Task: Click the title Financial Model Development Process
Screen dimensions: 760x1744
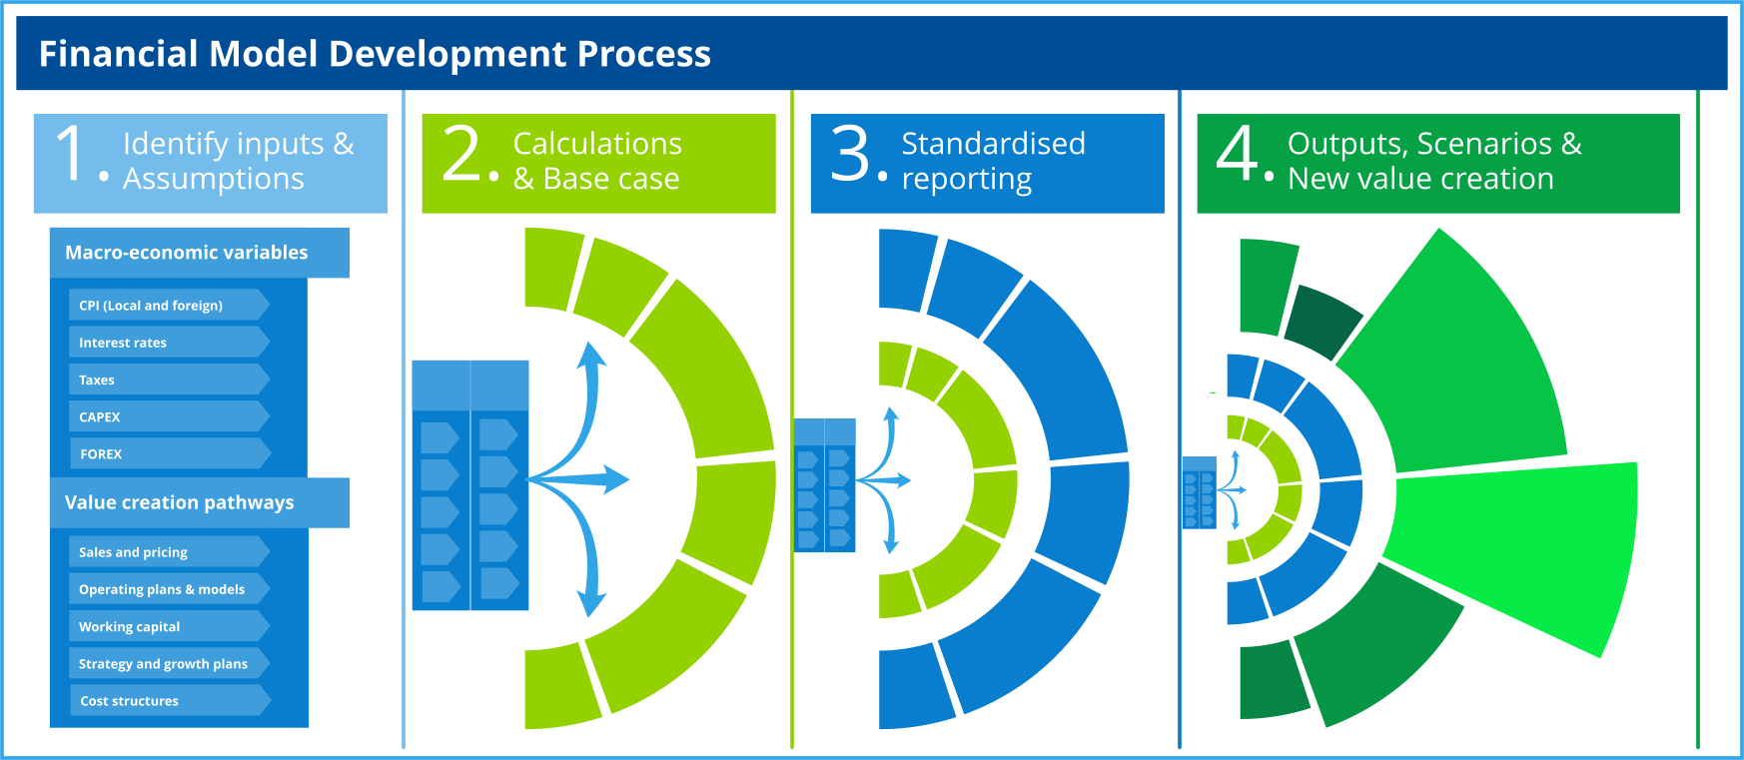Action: click(375, 54)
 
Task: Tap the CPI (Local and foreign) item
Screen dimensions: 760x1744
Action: click(151, 306)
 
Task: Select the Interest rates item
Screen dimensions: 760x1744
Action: click(123, 343)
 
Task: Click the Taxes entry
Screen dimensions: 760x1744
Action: click(97, 380)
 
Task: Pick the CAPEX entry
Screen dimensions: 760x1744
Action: click(100, 416)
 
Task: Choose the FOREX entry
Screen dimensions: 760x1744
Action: click(101, 453)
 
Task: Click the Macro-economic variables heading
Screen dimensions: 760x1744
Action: click(187, 253)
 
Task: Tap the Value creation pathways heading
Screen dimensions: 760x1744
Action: click(180, 502)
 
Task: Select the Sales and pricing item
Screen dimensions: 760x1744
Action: click(133, 552)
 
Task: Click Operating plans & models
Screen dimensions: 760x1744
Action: click(162, 589)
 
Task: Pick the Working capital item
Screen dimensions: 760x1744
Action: click(130, 626)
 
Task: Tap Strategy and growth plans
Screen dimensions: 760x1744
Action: click(163, 663)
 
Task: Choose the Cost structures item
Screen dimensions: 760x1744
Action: click(130, 701)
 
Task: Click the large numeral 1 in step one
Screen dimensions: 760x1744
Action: click(71, 154)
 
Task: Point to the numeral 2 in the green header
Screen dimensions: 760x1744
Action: click(462, 154)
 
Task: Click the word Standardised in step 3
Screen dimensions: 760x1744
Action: click(993, 144)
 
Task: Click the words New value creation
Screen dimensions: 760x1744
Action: click(1420, 179)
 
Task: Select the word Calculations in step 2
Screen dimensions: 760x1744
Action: click(597, 144)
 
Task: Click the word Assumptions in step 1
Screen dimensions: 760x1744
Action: click(213, 179)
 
